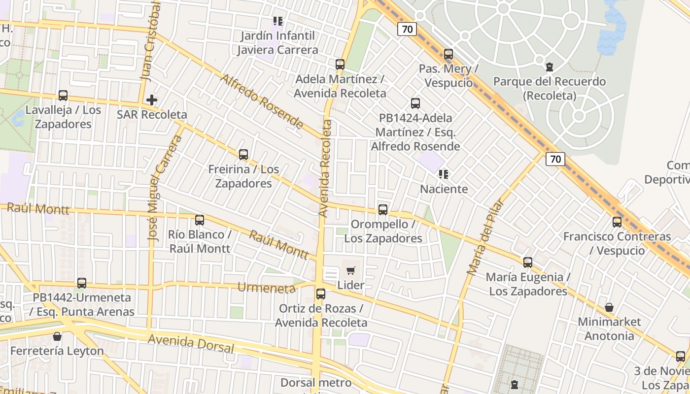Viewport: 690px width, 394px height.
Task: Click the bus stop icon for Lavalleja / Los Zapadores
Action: click(63, 96)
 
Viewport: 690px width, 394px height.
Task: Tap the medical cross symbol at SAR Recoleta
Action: click(152, 100)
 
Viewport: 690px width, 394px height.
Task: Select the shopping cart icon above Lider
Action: click(350, 270)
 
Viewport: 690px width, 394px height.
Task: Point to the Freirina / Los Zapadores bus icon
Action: click(243, 155)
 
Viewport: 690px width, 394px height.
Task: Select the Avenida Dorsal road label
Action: click(191, 343)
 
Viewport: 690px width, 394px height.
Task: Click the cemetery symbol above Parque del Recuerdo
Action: click(550, 67)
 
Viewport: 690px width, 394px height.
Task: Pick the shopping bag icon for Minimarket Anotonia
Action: click(609, 308)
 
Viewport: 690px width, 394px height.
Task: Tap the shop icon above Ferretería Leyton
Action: click(57, 337)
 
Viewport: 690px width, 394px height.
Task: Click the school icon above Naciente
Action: click(443, 174)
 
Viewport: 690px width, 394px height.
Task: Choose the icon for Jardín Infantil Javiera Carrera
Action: click(278, 21)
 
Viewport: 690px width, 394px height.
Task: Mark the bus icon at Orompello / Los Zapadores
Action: click(383, 210)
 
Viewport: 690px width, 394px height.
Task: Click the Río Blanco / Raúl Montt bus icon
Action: click(200, 220)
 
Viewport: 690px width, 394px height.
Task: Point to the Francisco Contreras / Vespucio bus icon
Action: click(617, 222)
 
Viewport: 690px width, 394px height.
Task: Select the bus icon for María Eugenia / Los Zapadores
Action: click(528, 263)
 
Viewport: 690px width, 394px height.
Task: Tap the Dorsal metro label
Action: click(316, 383)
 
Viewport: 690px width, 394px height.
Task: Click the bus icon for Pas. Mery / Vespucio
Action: click(448, 54)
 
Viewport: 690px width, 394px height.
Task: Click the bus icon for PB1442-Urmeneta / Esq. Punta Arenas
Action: click(82, 283)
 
